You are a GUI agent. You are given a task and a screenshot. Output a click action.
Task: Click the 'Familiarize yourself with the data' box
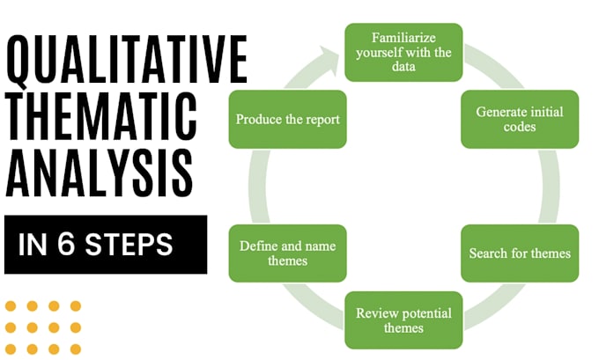(x=404, y=52)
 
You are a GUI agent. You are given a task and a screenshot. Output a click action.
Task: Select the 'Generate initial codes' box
(x=520, y=120)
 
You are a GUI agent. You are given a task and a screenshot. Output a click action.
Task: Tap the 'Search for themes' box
(x=520, y=253)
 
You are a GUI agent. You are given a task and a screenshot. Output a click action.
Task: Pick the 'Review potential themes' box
(x=403, y=320)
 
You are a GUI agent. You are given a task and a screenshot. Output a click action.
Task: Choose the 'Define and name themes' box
(x=287, y=253)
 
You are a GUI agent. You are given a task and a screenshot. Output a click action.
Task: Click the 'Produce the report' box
(x=287, y=120)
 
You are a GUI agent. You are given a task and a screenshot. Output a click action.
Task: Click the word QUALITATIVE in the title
(x=126, y=61)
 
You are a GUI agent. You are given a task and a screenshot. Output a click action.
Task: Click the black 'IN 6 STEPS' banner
(x=106, y=245)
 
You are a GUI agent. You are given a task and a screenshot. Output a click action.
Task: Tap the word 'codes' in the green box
(x=520, y=128)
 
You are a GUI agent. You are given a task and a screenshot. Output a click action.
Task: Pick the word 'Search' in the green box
(x=489, y=253)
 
